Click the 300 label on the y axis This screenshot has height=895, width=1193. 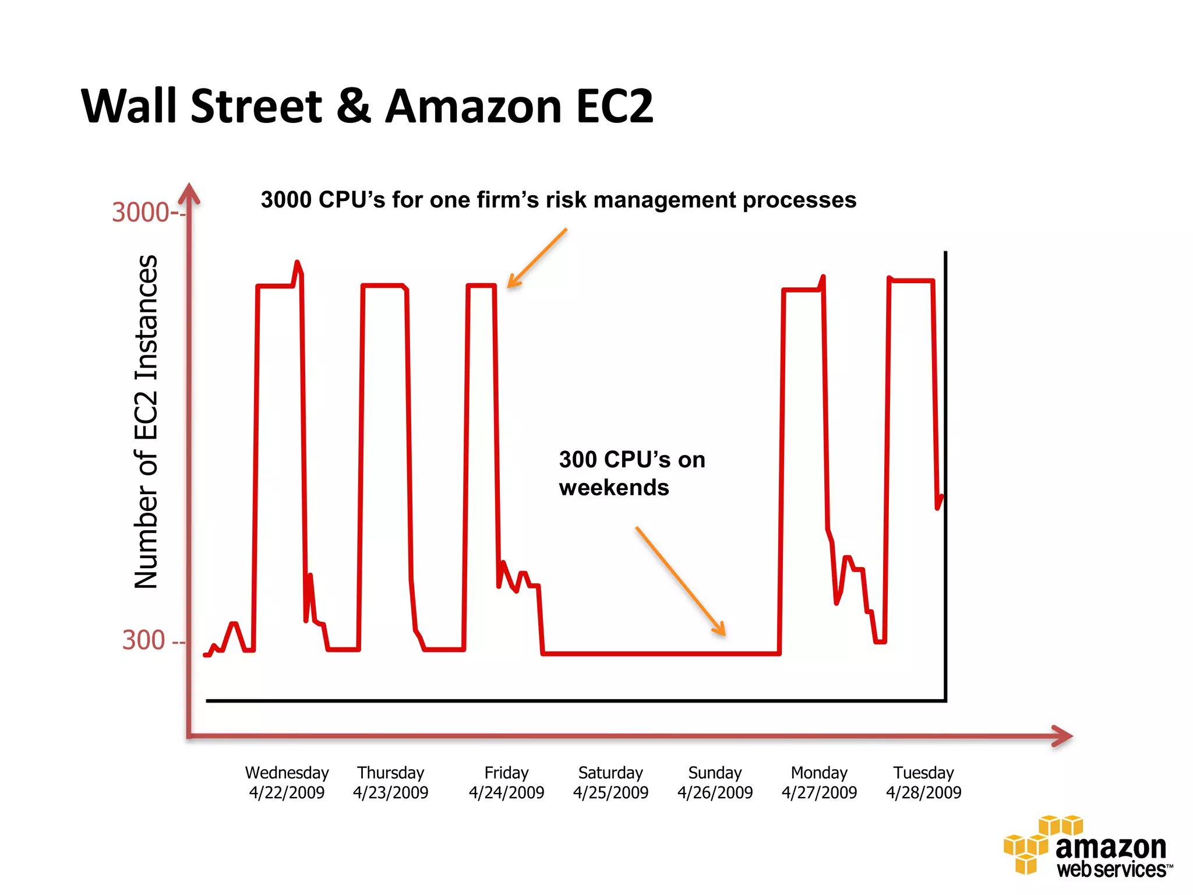pos(144,640)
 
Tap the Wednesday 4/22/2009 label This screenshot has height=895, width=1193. pos(287,783)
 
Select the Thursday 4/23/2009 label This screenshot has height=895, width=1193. pos(390,783)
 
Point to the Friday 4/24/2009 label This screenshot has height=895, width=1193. pos(506,783)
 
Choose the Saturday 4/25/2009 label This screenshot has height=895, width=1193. pos(610,783)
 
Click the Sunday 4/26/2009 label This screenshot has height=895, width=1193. pos(715,783)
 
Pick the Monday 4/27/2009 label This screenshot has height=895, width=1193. pos(819,783)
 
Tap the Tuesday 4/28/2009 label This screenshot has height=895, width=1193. pos(923,783)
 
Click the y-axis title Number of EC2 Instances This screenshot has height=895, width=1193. pos(146,422)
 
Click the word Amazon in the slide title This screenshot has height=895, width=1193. pos(473,107)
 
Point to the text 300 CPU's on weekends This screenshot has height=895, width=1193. pos(631,473)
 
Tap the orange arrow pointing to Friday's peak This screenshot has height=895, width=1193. pos(537,258)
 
